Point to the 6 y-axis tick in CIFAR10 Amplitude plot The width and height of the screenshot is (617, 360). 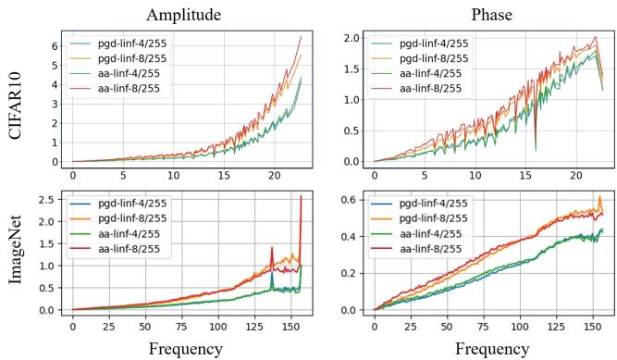(x=55, y=46)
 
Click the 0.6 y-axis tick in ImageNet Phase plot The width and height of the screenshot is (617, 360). (x=353, y=199)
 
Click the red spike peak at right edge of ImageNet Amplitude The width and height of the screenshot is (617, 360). (x=302, y=196)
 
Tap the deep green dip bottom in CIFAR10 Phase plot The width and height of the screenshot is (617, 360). (x=536, y=149)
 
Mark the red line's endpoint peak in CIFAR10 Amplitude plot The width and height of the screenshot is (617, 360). (x=302, y=37)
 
